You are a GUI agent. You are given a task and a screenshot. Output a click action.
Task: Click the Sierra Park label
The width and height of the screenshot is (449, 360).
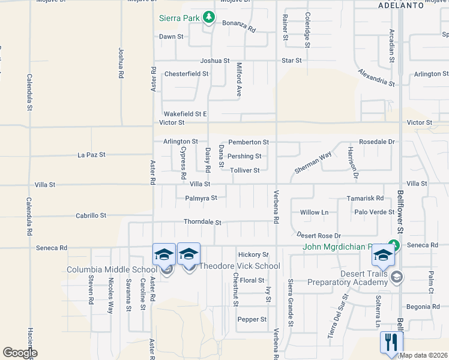point(179,18)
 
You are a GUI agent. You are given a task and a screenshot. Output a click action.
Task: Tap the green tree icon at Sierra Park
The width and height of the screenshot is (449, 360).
point(209,17)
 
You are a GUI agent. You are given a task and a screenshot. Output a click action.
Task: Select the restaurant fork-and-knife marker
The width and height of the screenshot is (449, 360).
point(391,343)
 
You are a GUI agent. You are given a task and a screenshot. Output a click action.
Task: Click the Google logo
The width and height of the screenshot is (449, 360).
point(20,352)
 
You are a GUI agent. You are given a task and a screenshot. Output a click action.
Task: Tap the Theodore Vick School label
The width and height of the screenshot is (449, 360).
point(240,266)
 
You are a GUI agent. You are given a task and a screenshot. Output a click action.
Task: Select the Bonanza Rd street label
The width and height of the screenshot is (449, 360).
point(240,29)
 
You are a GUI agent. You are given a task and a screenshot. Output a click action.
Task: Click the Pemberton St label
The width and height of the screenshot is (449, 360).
point(248,142)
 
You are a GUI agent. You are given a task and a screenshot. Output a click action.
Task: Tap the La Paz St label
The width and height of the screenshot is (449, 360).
point(91,155)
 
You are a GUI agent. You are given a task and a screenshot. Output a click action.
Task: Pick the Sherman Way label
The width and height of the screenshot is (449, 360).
point(313,162)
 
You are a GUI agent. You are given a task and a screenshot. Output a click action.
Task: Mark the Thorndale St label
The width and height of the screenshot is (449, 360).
point(202,223)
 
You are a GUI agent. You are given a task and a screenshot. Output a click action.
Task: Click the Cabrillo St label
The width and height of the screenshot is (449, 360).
point(91,215)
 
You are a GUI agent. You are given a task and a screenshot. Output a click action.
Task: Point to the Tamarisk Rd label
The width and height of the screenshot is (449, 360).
point(365,198)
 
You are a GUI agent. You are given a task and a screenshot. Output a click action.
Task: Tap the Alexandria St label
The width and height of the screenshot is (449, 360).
point(376,77)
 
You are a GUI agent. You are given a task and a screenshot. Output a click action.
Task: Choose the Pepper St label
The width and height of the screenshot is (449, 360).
point(252,319)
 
